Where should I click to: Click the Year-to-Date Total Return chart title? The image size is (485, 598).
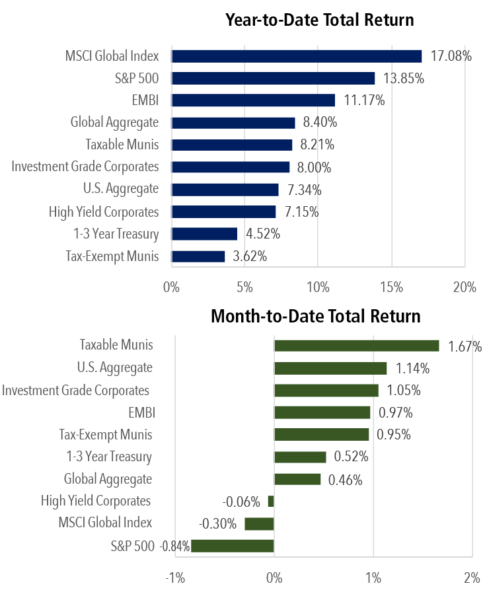pos(319,20)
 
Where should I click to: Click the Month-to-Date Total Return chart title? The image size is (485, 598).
pos(315,316)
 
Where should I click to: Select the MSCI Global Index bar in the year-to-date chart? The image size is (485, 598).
pos(296,56)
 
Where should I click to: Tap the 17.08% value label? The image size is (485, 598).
pos(451,56)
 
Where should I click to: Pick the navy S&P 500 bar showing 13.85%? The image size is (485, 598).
pos(273,78)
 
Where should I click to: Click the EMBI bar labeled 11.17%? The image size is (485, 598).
pos(253,100)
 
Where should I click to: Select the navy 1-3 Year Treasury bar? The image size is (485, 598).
pos(204,234)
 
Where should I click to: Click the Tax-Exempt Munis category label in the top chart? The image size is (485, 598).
pos(112,256)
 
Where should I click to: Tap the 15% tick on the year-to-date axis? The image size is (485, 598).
pos(392,287)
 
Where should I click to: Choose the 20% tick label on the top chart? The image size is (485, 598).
pos(465,287)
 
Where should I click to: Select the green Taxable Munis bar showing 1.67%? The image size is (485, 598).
pos(357,346)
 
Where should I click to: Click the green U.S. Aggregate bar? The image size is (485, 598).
pos(330,368)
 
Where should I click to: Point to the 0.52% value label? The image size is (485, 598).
pos(351,457)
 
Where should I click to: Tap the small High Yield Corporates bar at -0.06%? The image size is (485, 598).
pos(271,502)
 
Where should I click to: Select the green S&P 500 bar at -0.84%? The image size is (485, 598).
pos(232,546)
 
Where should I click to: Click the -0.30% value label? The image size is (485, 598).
pos(217,524)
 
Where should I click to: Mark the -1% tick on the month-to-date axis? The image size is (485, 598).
pos(175,578)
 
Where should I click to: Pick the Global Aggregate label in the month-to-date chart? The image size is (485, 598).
pos(108,479)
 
